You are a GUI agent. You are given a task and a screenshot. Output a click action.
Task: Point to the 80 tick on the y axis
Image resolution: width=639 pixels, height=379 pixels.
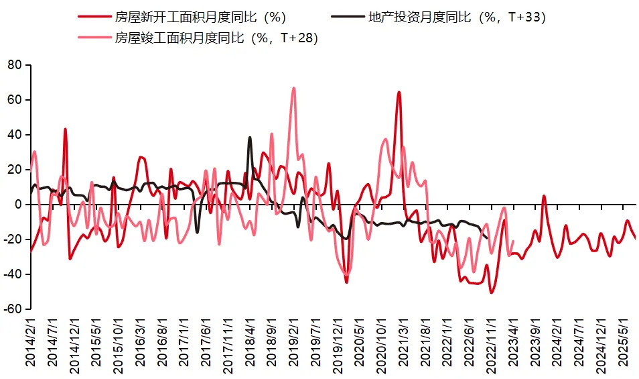tap(15, 65)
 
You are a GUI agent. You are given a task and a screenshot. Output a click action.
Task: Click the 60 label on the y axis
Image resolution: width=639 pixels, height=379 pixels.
tap(15, 100)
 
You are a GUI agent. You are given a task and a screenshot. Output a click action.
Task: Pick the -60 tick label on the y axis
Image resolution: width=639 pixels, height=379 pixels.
tap(13, 309)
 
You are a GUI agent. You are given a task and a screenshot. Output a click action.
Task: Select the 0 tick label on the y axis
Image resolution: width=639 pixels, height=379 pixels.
tap(19, 205)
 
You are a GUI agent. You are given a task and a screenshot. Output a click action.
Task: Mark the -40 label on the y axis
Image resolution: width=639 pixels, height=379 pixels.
tap(13, 274)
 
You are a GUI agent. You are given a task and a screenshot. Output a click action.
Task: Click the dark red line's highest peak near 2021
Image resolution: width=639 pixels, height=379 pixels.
tap(399, 93)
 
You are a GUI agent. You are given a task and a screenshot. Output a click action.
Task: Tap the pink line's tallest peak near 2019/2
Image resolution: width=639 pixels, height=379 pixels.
tap(293, 88)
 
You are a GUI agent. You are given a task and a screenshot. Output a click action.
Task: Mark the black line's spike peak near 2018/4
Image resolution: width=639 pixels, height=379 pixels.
tap(250, 138)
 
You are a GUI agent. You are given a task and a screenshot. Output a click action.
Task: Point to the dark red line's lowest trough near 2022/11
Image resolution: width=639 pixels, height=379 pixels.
tap(491, 292)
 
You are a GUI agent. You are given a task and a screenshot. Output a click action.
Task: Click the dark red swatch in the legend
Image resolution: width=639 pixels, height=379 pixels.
tap(93, 17)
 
